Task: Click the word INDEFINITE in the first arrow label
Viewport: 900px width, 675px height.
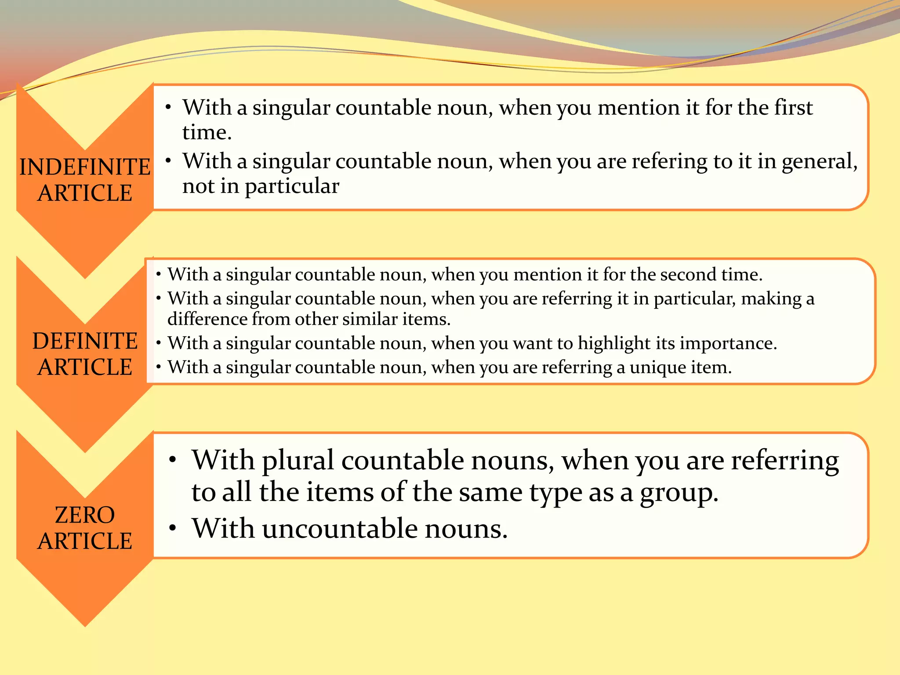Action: tap(85, 167)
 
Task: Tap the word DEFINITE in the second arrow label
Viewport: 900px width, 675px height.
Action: tap(85, 341)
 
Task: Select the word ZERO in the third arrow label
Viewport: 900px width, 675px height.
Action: tap(85, 515)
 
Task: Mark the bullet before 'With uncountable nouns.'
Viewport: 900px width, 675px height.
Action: tap(173, 528)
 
